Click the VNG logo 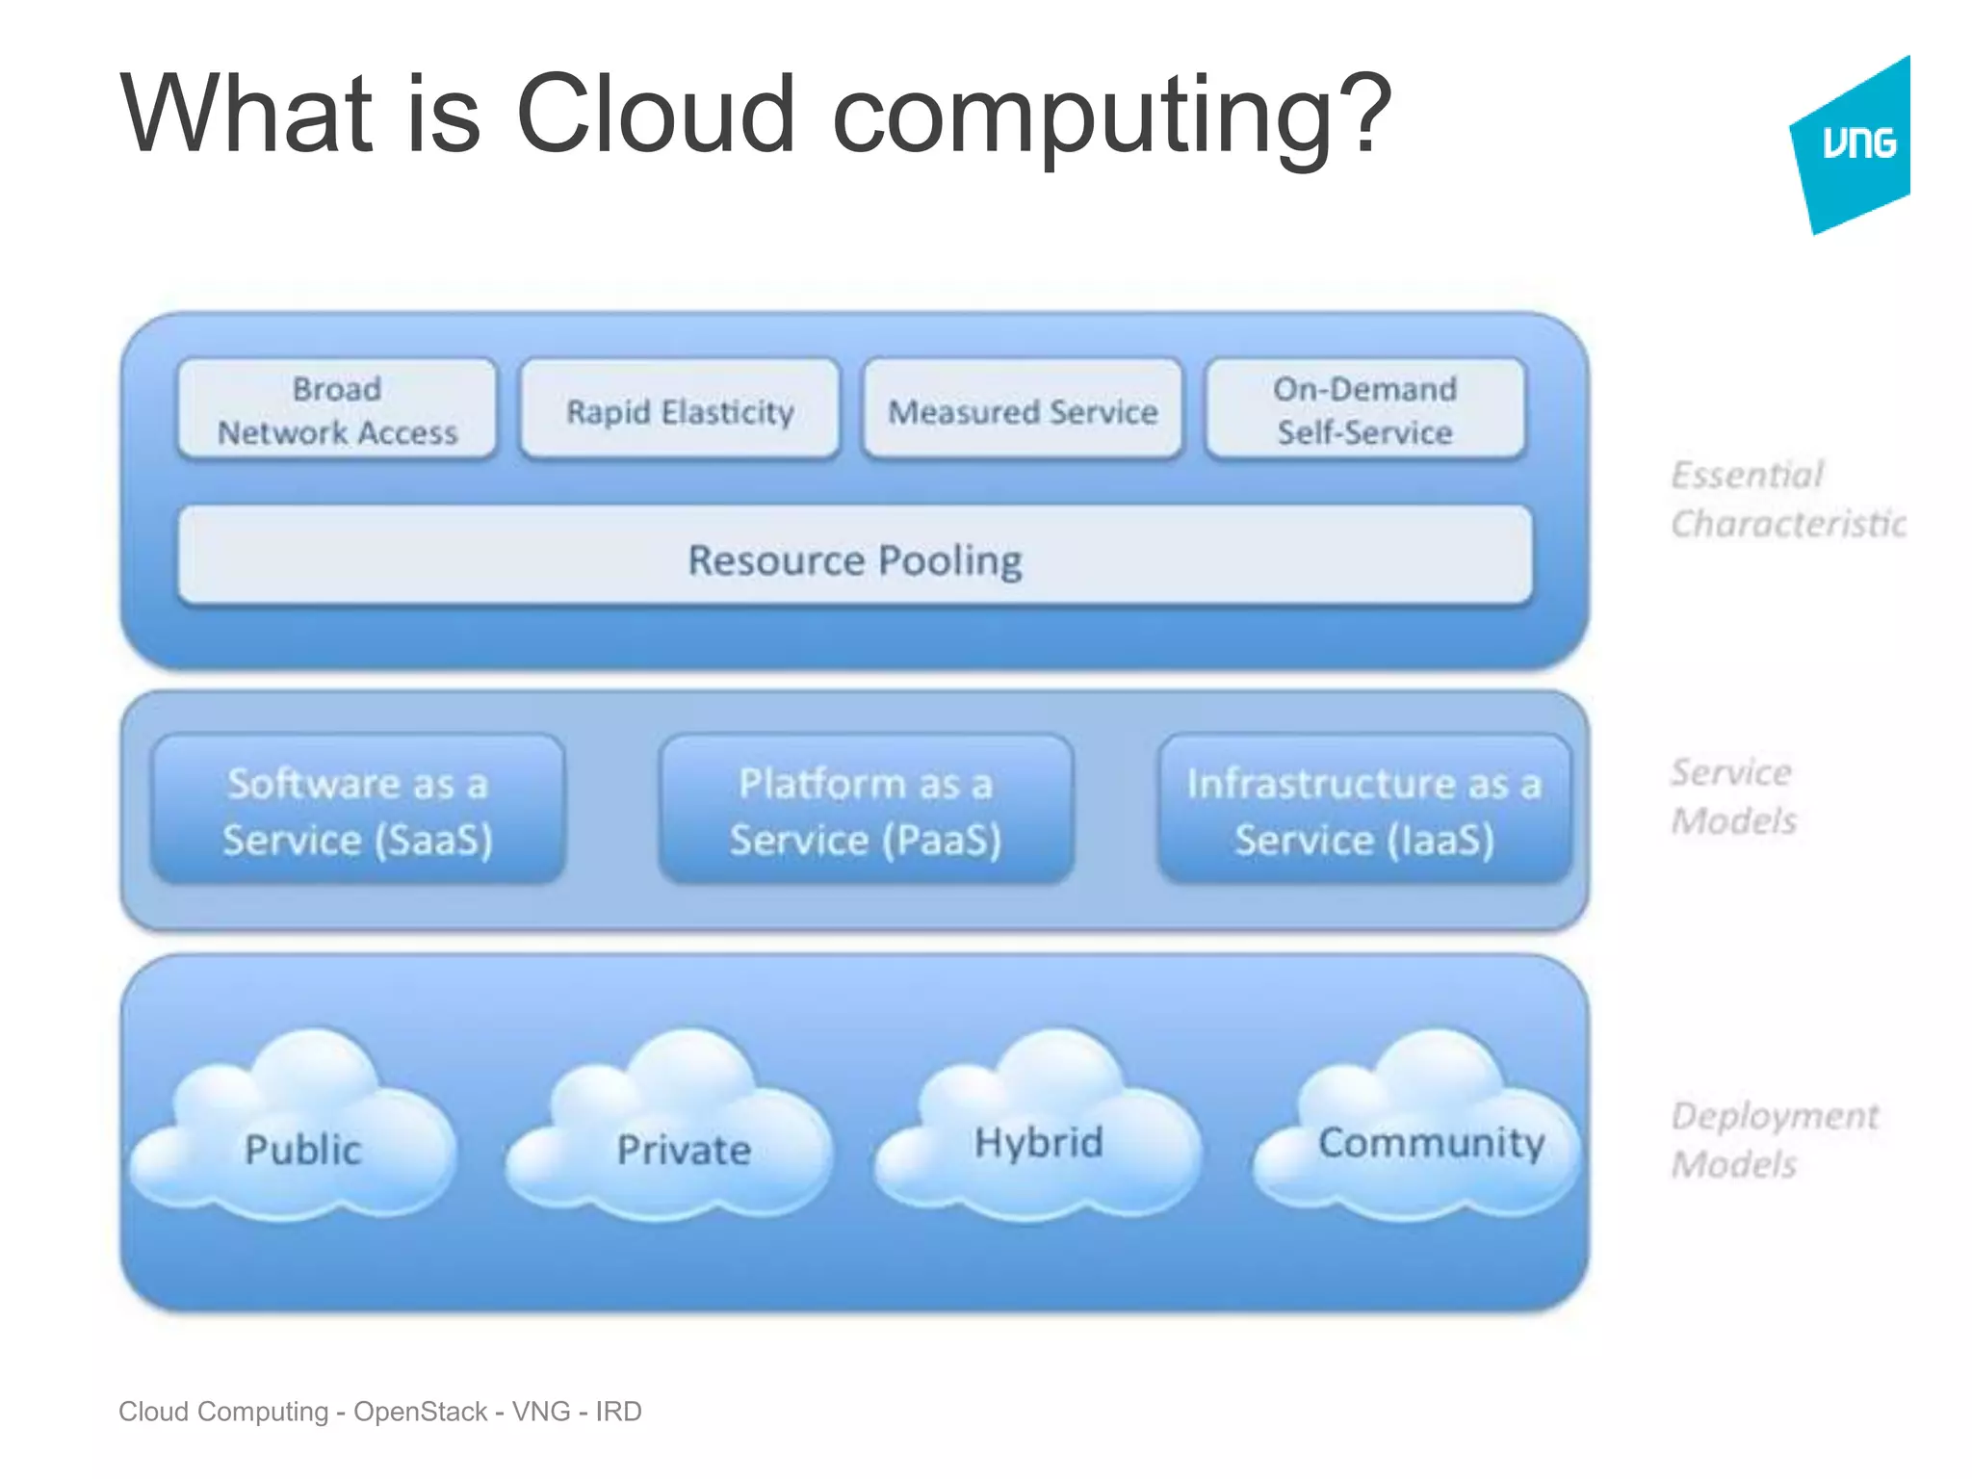1854,144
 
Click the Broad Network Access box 337,411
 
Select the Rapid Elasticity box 680,411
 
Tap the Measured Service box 1023,411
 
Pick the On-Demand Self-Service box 1364,411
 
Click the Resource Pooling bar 855,558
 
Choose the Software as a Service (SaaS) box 357,811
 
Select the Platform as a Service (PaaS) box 866,811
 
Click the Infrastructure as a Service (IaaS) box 1364,811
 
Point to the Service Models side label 1733,796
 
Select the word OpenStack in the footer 420,1412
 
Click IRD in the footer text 618,1412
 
